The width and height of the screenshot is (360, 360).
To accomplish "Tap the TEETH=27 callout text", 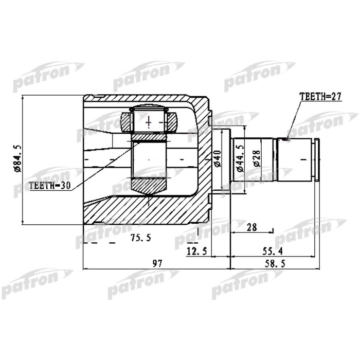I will pyautogui.click(x=319, y=97).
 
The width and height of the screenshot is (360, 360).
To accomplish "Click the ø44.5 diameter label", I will pyautogui.click(x=239, y=159).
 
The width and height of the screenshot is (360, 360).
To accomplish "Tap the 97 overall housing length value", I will pyautogui.click(x=157, y=263).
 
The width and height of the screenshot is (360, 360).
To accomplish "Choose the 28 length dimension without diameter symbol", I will pyautogui.click(x=251, y=227).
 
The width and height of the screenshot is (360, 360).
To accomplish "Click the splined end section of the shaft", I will pyautogui.click(x=298, y=159).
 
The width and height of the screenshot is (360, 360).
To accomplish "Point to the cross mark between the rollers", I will pyautogui.click(x=149, y=122).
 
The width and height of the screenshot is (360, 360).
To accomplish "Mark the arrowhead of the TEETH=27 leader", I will pyautogui.click(x=287, y=138).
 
